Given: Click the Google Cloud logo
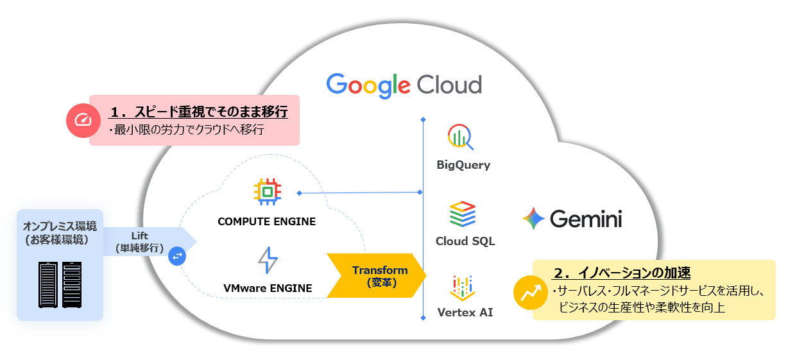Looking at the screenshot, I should pyautogui.click(x=404, y=85).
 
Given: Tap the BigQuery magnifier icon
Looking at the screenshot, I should pyautogui.click(x=460, y=137).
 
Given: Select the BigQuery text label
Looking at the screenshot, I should pyautogui.click(x=463, y=165).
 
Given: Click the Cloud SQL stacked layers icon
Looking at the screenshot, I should pyautogui.click(x=463, y=214).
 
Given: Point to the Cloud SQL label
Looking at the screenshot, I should pyautogui.click(x=465, y=242).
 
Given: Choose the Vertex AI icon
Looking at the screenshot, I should pyautogui.click(x=463, y=287).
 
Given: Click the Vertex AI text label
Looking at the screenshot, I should pyautogui.click(x=465, y=313).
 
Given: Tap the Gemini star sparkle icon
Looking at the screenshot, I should pyautogui.click(x=533, y=219).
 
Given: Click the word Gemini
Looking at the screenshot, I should pyautogui.click(x=586, y=219).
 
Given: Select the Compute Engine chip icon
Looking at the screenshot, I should pyautogui.click(x=267, y=191).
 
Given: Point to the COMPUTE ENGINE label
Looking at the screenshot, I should pyautogui.click(x=267, y=222).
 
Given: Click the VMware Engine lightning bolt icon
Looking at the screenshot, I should pyautogui.click(x=268, y=260).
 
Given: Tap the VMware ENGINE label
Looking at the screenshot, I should pyautogui.click(x=268, y=288).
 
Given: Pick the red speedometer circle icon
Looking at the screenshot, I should pyautogui.click(x=83, y=120).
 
